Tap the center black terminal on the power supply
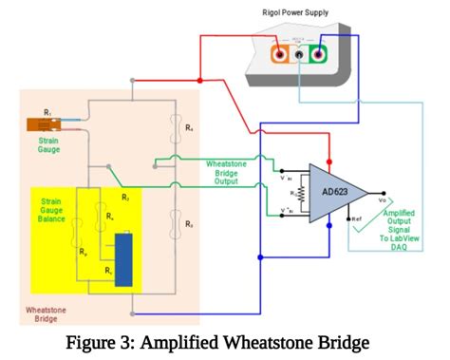point(300,55)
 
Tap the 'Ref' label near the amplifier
point(357,219)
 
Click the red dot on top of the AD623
point(329,162)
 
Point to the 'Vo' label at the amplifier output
point(382,200)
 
